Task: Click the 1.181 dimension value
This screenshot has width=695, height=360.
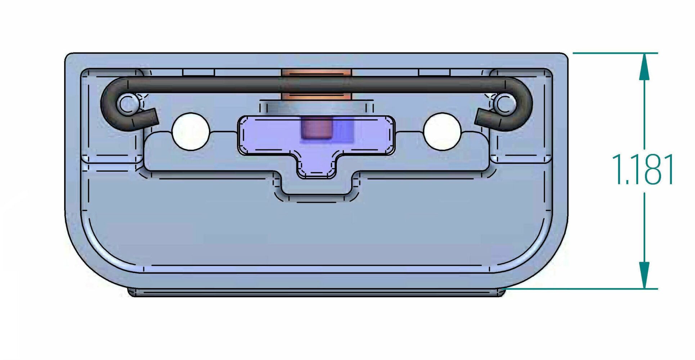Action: pyautogui.click(x=643, y=170)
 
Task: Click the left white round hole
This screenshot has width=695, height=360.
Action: pyautogui.click(x=191, y=131)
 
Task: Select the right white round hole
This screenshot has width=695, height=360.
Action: pyautogui.click(x=443, y=131)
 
